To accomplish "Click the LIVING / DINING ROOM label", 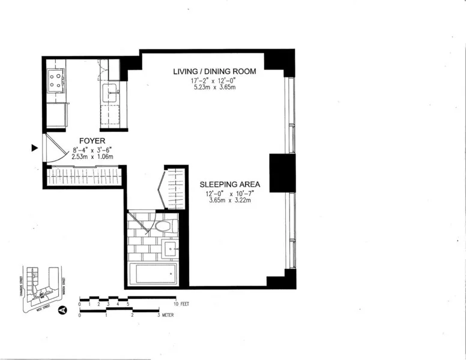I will (214, 71).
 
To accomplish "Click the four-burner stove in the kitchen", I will (55, 79).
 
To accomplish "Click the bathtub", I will (154, 274).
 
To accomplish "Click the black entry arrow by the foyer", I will (34, 148).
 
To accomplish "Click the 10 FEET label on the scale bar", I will (181, 304).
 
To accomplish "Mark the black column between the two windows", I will (282, 173).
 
